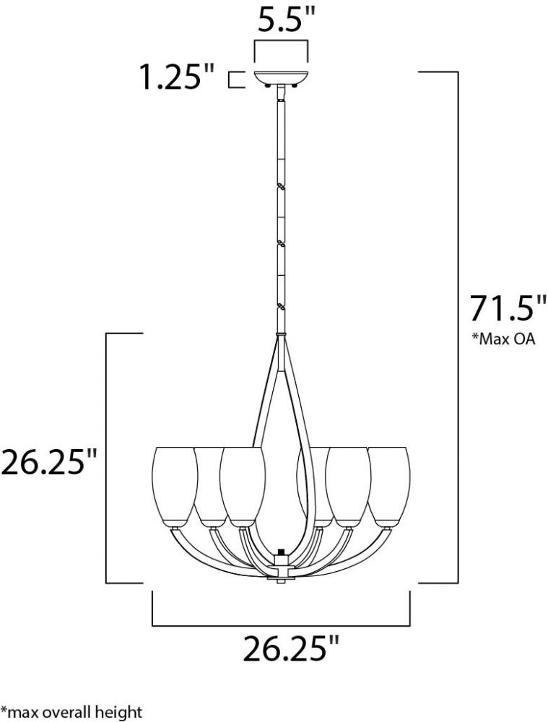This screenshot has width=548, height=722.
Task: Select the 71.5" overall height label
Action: pyautogui.click(x=502, y=308)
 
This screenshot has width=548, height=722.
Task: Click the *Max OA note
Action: pyautogui.click(x=503, y=339)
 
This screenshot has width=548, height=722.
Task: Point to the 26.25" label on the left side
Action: pyautogui.click(x=49, y=462)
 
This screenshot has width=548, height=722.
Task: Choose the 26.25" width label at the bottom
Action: pyautogui.click(x=291, y=648)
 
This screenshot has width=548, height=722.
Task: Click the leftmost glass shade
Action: pyautogui.click(x=175, y=487)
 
